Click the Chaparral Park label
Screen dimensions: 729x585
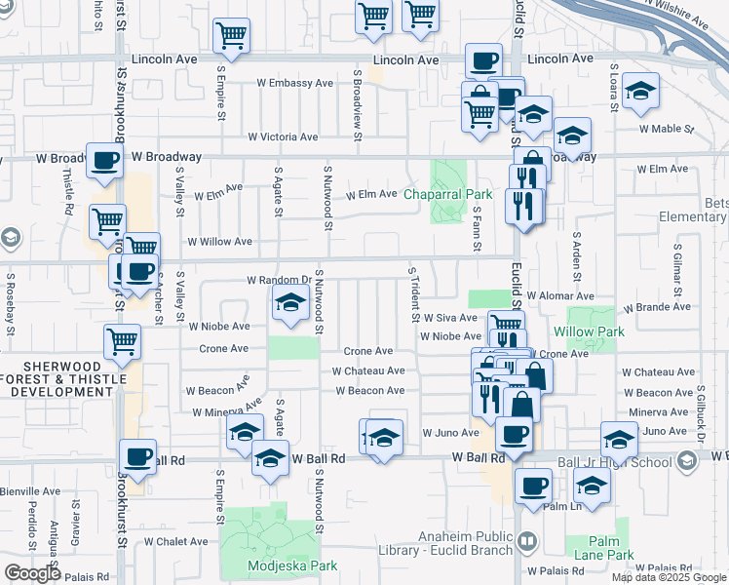tap(477, 194)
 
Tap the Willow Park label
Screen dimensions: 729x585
tap(595, 331)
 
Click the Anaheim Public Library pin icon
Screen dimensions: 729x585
tap(527, 539)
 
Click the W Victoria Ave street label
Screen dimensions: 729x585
tap(283, 137)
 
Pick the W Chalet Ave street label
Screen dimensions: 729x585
tap(175, 541)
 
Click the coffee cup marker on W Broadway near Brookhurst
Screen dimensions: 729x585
tap(104, 161)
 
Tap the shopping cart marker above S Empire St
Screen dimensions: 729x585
tap(232, 36)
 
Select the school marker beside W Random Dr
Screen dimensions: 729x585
tap(289, 305)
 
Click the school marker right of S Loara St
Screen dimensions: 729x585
tap(639, 92)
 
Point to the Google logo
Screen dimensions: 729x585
tap(33, 573)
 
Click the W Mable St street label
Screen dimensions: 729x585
tap(666, 128)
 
